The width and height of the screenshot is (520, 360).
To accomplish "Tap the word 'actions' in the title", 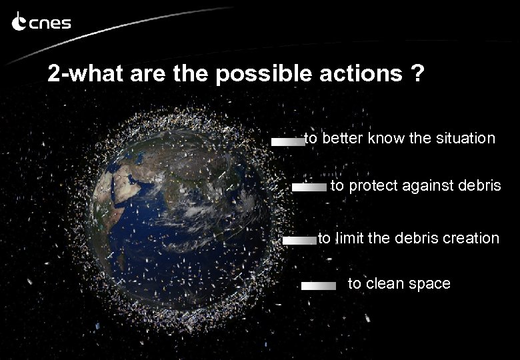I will pos(359,74).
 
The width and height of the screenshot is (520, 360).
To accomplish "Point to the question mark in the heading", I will pos(417,74).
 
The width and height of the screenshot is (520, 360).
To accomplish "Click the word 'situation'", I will pos(466,139).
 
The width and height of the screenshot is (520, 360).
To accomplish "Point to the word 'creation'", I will pos(471,238).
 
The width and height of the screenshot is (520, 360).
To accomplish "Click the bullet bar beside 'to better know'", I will pos(287,141).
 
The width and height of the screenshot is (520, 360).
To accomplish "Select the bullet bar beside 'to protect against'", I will pos(309,188).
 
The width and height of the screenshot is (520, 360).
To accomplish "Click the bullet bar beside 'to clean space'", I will pos(318,285).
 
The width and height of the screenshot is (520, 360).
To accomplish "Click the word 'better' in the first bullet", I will pos(341,139).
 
